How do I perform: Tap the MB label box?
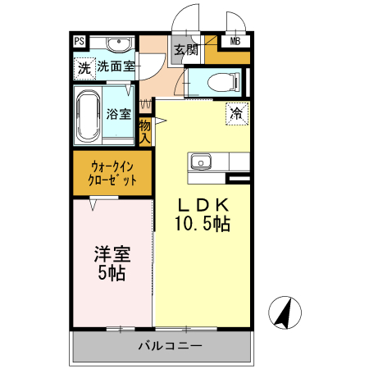tap(235, 42)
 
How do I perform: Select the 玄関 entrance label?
tap(185, 50)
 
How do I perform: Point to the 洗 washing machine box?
tap(84, 68)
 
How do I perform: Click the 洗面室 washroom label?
tap(116, 67)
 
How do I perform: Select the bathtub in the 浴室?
tap(88, 115)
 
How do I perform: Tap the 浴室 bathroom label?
tap(119, 114)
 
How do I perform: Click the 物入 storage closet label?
tap(145, 131)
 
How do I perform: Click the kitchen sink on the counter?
tap(201, 161)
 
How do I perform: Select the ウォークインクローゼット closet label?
tap(112, 173)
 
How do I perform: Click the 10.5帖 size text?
tap(201, 223)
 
